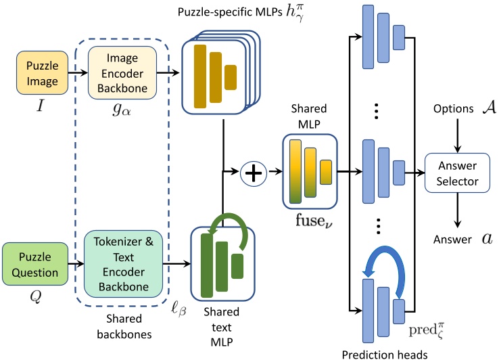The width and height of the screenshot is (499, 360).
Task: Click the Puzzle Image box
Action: point(42,75)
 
